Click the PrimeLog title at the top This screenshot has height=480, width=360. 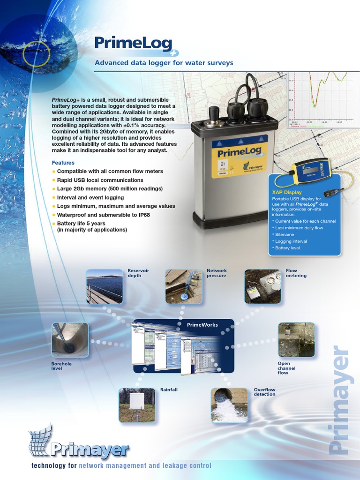[133, 43]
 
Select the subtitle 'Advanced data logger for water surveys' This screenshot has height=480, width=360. [164, 63]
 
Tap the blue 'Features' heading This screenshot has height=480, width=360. [63, 163]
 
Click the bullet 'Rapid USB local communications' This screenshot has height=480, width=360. [100, 180]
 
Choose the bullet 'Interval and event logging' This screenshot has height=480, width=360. [90, 197]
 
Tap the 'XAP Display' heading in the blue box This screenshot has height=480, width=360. [287, 192]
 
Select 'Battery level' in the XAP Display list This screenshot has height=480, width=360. [287, 247]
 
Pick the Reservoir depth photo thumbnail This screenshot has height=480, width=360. [105, 286]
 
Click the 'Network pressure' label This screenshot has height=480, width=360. [217, 273]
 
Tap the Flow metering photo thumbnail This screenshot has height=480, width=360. [262, 286]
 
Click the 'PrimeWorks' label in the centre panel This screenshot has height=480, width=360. [202, 325]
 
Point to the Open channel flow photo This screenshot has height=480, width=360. [296, 339]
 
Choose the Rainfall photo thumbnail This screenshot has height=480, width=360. [136, 405]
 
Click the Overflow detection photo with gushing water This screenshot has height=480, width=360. [229, 405]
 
